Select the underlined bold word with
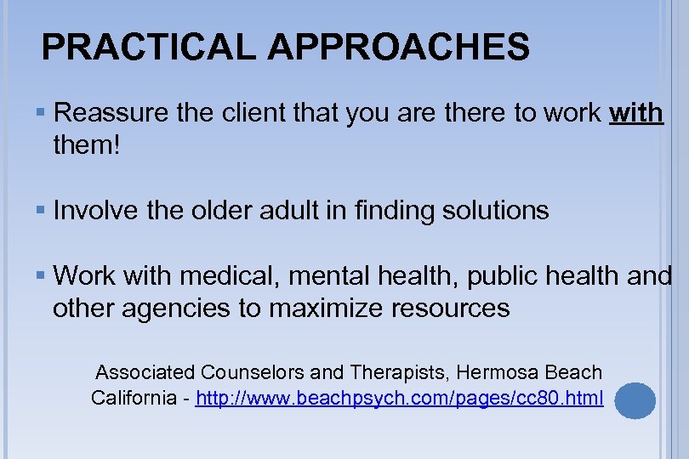tap(636, 113)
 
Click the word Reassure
tap(109, 113)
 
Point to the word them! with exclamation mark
tap(88, 146)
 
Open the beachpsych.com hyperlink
tap(399, 397)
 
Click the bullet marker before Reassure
tap(42, 113)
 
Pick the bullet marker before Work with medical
tap(42, 275)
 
